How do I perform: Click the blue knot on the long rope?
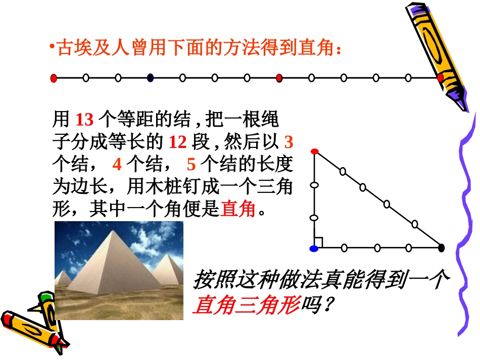150,78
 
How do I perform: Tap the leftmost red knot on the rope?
54,78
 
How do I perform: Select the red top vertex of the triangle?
314,151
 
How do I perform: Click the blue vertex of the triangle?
314,248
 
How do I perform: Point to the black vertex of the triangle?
442,247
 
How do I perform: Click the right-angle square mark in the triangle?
318,243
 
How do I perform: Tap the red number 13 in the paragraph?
84,120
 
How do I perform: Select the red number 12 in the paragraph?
177,142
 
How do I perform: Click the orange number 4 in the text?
117,165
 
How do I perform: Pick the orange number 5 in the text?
191,165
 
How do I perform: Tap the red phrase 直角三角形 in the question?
246,304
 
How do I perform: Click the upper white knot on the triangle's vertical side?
314,186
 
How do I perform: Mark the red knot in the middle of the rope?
279,78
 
